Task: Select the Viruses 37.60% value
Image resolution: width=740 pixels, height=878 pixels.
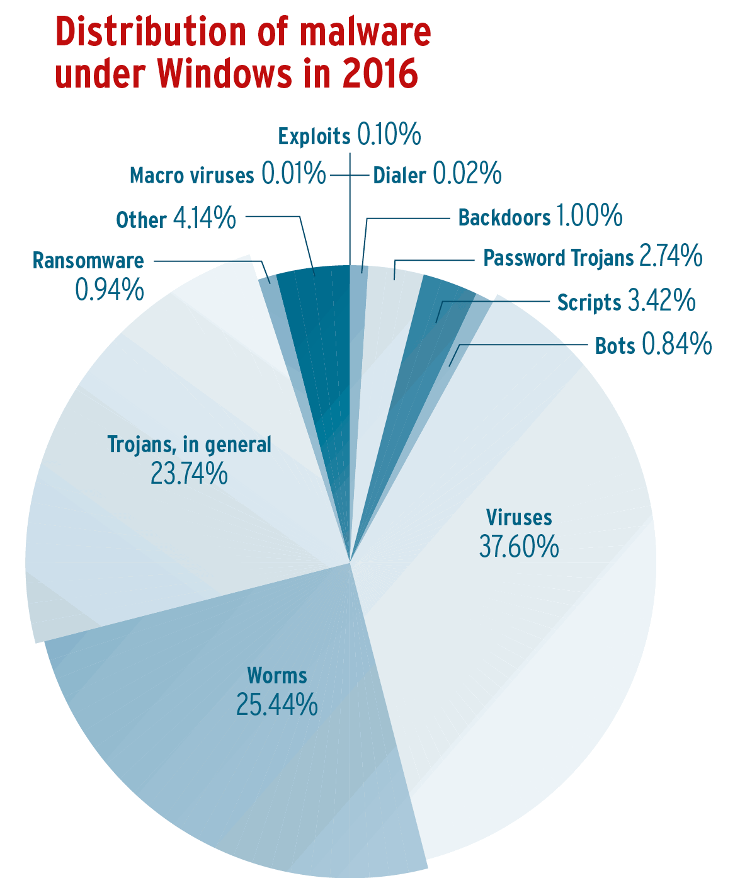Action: point(519,547)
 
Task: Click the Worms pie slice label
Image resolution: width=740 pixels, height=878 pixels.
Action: point(277,676)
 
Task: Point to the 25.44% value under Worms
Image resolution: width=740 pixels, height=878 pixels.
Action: point(277,705)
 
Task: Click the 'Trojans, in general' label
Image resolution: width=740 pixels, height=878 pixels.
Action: point(189,445)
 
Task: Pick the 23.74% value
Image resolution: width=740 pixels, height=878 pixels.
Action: point(189,474)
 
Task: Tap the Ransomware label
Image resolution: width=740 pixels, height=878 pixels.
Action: point(88,260)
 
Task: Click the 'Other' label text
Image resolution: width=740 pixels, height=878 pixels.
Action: point(141,220)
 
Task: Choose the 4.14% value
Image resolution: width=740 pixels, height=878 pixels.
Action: point(204,219)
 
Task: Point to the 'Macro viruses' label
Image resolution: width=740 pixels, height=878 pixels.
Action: point(192,175)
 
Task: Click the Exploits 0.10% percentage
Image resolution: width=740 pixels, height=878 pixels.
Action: point(389,135)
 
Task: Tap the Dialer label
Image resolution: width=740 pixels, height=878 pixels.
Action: point(400,175)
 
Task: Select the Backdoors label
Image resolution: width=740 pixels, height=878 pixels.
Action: point(504,217)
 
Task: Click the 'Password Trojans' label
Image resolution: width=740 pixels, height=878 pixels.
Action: point(558,258)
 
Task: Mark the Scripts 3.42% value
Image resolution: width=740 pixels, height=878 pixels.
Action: point(662,302)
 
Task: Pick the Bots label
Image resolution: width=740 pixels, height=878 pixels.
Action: point(615,345)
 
